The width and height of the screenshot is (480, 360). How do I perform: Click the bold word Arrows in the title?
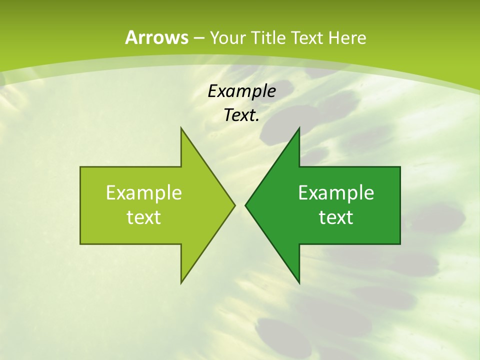[x=156, y=37]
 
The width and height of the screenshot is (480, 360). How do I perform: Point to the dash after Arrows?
[x=198, y=38]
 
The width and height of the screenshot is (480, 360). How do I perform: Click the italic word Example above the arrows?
[x=241, y=91]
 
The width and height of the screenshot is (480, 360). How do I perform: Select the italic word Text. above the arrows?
[x=241, y=115]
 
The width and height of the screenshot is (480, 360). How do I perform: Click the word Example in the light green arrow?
[x=143, y=192]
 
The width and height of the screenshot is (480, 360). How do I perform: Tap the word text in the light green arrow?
[x=143, y=217]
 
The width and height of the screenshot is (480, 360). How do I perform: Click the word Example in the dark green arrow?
[x=336, y=192]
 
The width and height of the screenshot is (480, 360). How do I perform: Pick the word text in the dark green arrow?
[x=336, y=217]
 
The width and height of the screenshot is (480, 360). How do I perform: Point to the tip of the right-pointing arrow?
[x=234, y=205]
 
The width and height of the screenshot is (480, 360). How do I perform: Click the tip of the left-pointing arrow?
[x=245, y=205]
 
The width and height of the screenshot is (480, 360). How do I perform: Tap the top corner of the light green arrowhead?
[x=181, y=128]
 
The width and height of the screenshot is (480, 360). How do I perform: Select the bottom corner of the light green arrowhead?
[x=181, y=283]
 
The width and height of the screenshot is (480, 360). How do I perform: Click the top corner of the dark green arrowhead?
[x=299, y=128]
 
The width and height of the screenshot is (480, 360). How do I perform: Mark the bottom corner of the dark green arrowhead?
[x=299, y=283]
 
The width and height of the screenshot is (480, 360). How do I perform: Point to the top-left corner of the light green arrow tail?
[x=80, y=167]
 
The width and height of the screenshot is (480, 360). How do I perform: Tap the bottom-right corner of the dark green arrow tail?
[x=400, y=244]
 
